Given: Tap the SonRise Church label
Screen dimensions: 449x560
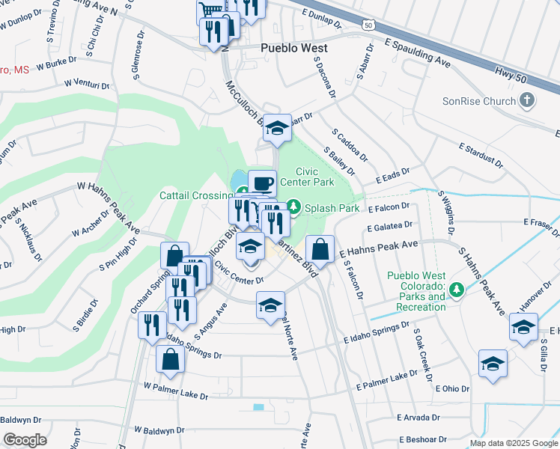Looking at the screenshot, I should (x=480, y=101).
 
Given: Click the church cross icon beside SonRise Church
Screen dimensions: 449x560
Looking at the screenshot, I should (x=527, y=100).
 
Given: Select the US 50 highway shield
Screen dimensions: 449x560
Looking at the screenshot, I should (x=367, y=25).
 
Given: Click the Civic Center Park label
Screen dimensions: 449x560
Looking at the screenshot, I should (x=306, y=176).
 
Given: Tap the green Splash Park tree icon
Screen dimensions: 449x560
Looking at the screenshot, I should (x=294, y=205).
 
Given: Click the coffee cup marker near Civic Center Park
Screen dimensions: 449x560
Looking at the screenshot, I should (x=261, y=183).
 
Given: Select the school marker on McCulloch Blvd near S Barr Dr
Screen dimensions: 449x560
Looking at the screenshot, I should (x=277, y=128).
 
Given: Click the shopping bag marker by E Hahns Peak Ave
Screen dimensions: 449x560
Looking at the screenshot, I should (x=320, y=250).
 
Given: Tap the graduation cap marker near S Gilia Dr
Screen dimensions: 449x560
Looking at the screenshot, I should (x=523, y=326).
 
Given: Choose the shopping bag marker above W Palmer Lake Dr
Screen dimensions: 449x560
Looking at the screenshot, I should (x=170, y=359).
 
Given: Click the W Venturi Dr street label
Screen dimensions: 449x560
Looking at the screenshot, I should (x=87, y=84).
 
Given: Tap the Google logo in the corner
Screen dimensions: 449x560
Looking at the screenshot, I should (x=25, y=440).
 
